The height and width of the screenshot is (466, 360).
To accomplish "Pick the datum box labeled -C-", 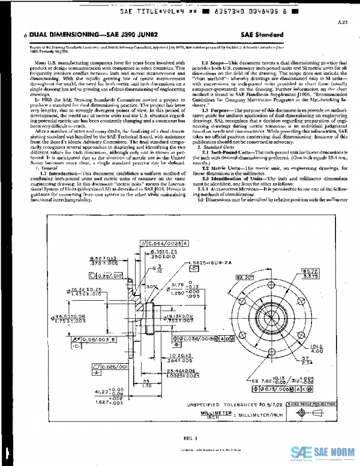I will [x=77, y=346].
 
